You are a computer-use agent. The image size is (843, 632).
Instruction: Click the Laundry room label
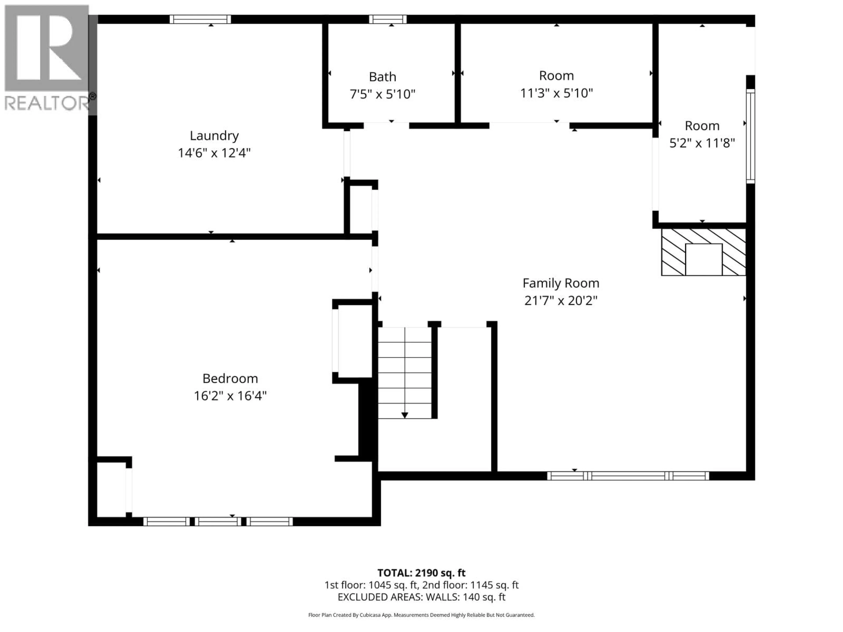pos(214,136)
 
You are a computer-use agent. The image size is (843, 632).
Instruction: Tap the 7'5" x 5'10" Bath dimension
pos(382,94)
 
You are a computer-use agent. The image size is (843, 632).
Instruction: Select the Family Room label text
pos(561,283)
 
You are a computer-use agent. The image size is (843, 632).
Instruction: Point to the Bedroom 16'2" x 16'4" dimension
pos(230,396)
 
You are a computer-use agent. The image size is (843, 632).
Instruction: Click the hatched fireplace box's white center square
pos(704,259)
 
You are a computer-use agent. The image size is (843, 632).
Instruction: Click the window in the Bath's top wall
pos(387,19)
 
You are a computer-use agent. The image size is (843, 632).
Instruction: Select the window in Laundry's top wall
pos(200,19)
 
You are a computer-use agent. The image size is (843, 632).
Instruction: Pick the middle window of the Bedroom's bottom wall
pos(218,522)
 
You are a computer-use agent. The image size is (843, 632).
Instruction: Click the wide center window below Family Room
pos(628,476)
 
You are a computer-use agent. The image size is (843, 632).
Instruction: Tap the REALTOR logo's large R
pos(47,48)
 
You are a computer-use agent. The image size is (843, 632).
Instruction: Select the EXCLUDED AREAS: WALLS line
pos(421,597)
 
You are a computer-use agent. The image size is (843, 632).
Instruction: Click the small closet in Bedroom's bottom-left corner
pos(111,490)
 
